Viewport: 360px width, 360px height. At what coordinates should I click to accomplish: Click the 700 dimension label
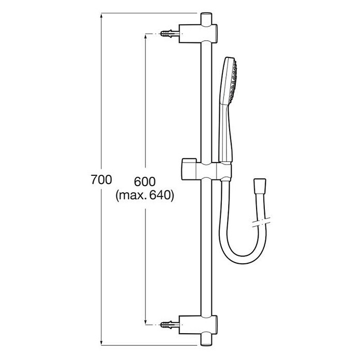(x=101, y=179)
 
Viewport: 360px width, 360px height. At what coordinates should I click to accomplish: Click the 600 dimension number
(x=145, y=182)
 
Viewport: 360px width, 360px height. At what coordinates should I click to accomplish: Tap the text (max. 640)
(x=145, y=196)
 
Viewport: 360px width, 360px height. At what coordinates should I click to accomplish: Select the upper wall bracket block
(x=198, y=34)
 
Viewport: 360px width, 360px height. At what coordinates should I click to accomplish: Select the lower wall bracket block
(x=198, y=325)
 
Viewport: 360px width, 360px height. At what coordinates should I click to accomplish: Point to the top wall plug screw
(x=170, y=34)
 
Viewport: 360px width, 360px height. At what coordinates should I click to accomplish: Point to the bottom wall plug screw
(x=170, y=325)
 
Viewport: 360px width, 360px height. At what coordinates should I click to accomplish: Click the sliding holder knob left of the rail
(x=189, y=169)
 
